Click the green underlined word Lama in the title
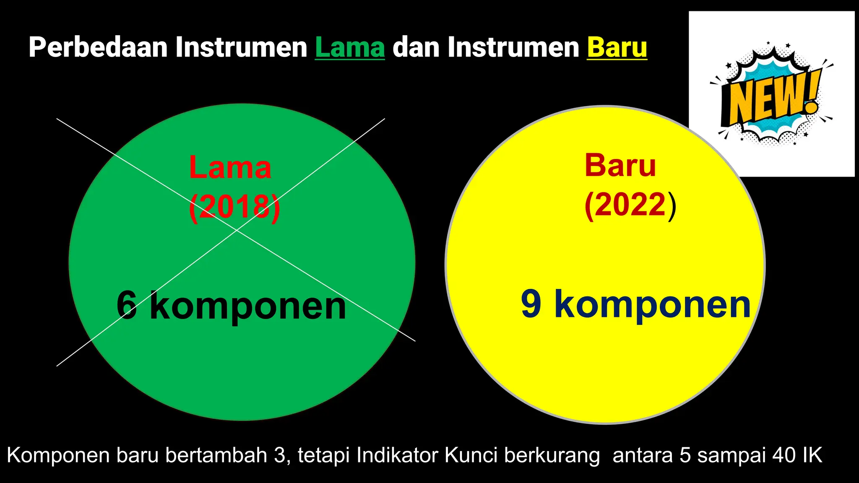[x=349, y=47]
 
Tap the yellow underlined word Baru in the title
[x=617, y=47]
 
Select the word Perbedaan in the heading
[x=98, y=47]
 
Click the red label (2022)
[x=630, y=205]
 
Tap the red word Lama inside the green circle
[x=230, y=168]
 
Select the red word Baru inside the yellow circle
[x=620, y=166]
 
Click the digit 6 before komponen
[x=127, y=305]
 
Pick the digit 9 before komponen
[x=531, y=304]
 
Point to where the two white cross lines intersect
[x=237, y=230]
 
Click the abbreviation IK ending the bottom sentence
[x=813, y=455]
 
